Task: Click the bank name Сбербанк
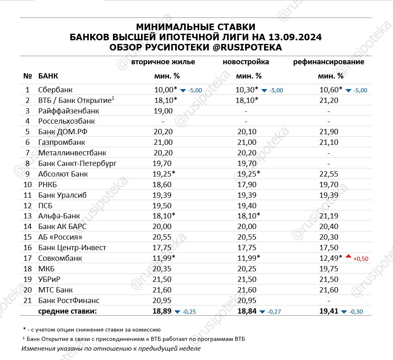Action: (55, 89)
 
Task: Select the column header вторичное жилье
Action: (163, 62)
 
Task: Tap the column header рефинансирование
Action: (329, 62)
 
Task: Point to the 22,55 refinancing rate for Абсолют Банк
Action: (329, 174)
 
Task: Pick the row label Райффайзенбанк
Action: (69, 111)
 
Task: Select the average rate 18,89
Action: (163, 312)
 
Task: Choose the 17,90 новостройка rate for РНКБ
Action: (247, 185)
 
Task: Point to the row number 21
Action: (28, 301)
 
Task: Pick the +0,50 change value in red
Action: (360, 259)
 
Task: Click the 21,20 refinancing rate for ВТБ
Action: (329, 100)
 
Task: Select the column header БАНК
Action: (48, 76)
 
